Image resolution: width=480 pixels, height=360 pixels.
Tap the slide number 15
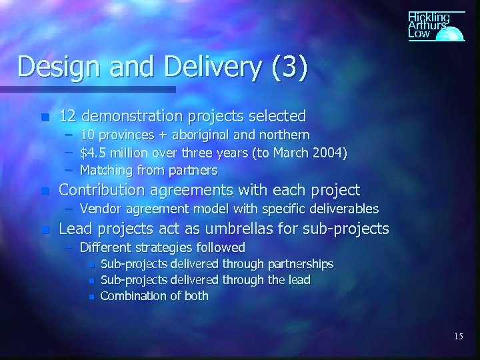[x=458, y=337]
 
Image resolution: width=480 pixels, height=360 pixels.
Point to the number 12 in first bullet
[x=67, y=116]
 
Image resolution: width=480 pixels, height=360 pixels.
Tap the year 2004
[x=329, y=155]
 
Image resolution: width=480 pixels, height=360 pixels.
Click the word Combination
[x=131, y=295]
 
